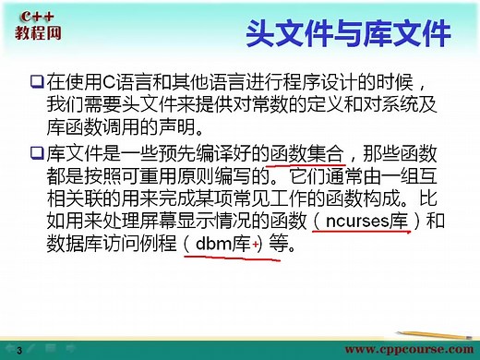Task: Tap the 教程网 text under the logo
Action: point(36,34)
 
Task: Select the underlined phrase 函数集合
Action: point(305,151)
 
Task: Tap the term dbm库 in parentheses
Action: point(227,246)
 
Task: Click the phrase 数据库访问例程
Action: point(110,246)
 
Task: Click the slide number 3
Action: point(18,349)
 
